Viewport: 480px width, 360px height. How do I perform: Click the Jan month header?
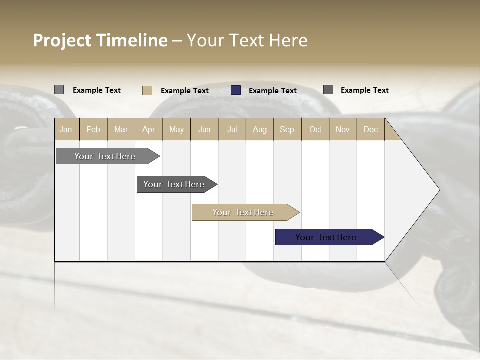point(66,129)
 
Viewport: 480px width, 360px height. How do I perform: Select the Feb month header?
point(93,129)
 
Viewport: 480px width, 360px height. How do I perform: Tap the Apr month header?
point(149,129)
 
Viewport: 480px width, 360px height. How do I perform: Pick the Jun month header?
point(204,129)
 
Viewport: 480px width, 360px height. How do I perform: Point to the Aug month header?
point(260,129)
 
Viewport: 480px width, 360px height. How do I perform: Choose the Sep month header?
point(287,129)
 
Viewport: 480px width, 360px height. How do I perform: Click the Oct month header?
point(315,129)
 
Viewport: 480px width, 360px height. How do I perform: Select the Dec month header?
point(371,129)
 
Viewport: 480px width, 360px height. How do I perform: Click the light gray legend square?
point(59,90)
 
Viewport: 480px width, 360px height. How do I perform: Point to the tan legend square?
point(147,90)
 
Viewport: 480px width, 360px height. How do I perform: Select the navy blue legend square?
point(236,90)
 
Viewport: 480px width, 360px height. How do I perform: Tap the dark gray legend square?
point(328,90)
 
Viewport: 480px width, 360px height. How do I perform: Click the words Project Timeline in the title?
point(100,40)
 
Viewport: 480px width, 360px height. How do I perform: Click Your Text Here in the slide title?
point(247,40)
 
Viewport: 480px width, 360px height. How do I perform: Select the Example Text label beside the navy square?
point(273,90)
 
